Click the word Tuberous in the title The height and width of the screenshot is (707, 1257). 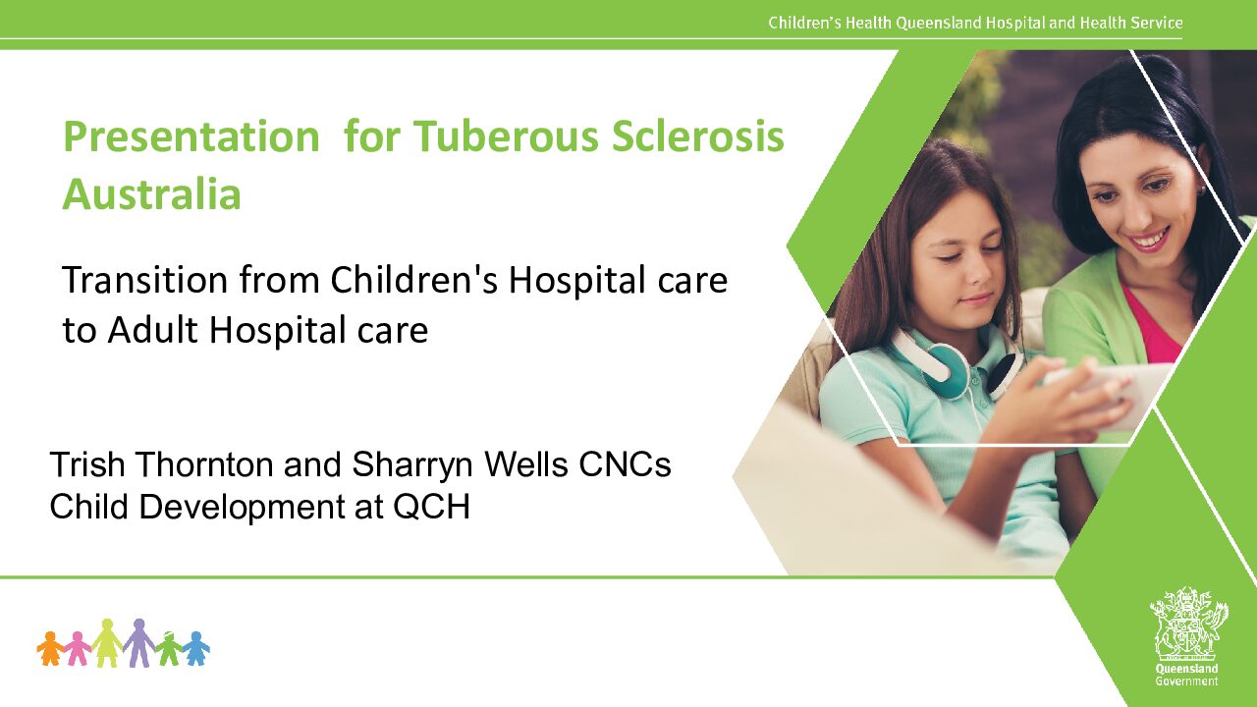(506, 136)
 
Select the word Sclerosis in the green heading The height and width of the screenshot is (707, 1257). (697, 136)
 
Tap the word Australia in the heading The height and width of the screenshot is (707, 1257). (152, 194)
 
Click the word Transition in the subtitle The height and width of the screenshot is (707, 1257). (145, 280)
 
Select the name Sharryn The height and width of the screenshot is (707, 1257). (412, 465)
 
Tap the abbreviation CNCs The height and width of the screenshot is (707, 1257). (625, 464)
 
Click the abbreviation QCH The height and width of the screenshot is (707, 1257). (431, 507)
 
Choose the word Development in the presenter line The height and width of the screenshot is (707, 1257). (243, 508)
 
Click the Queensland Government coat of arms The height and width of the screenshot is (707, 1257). (1188, 630)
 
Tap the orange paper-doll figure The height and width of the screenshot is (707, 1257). (50, 648)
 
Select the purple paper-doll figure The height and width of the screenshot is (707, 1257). (138, 642)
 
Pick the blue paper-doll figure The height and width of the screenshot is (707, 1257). (195, 648)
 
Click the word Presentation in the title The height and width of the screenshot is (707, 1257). (191, 136)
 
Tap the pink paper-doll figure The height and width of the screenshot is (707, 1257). (78, 649)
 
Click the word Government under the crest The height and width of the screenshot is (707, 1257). (1186, 681)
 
